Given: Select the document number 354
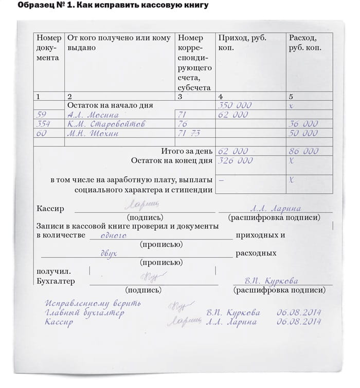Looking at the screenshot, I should (x=44, y=124).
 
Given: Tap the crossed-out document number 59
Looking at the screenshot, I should (x=42, y=115).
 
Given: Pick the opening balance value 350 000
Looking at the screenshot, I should (x=235, y=105).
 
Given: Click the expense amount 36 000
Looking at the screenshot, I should (x=303, y=124).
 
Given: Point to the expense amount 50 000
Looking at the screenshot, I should (x=303, y=133).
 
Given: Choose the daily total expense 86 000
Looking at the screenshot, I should (x=303, y=152).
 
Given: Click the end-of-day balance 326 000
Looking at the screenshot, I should (x=236, y=161).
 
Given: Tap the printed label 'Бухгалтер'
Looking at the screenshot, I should (x=56, y=281).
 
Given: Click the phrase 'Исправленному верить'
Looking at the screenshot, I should (x=93, y=303).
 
